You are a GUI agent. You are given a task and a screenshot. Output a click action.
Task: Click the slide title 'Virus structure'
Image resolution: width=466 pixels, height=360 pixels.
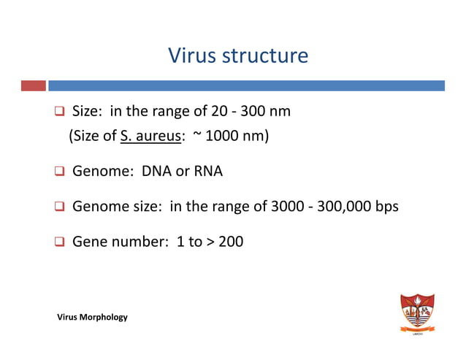tap(238, 55)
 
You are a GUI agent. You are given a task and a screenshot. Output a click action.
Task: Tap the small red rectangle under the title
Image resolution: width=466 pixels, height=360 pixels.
tap(34, 85)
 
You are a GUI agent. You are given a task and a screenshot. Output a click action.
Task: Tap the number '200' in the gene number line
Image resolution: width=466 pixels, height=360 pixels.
tap(230, 243)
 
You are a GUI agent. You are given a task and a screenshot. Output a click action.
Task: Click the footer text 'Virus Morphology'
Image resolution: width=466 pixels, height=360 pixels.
tap(93, 317)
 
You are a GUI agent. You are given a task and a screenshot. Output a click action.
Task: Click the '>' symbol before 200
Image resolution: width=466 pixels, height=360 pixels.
tap(210, 243)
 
